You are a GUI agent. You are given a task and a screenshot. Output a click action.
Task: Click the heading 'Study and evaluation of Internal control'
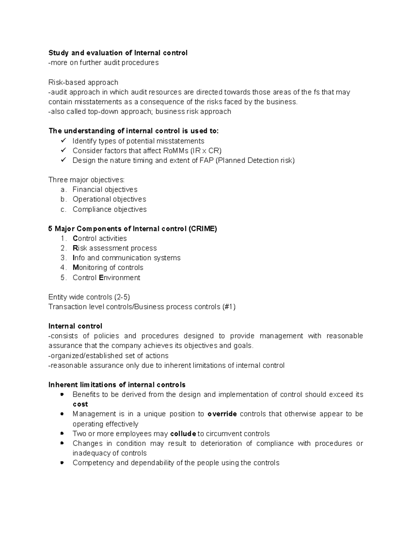tap(118, 53)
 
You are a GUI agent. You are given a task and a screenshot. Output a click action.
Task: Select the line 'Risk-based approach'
tap(83, 82)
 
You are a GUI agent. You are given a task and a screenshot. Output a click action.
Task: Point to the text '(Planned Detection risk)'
tap(255, 160)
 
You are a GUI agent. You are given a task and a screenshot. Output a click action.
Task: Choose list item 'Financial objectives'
tap(105, 189)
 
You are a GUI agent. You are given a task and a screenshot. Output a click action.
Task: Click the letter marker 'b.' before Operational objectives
tap(63, 199)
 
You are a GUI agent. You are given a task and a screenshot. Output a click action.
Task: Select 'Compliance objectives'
tap(110, 209)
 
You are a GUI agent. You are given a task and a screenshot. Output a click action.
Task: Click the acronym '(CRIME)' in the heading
tap(203, 229)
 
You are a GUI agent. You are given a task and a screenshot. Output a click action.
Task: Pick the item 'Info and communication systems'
tap(126, 258)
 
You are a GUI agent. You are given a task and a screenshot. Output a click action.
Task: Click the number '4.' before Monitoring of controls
tap(63, 268)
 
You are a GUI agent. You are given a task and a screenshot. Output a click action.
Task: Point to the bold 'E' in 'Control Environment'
tap(101, 278)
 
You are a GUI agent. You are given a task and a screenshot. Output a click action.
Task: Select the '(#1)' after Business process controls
tap(229, 307)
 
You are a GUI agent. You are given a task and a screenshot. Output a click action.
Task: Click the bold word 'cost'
tap(80, 404)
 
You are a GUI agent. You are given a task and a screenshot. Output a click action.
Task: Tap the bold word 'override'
tap(222, 414)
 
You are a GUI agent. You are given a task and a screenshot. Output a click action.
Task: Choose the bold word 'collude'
tap(183, 434)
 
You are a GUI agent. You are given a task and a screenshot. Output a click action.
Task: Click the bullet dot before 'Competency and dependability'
tap(62, 463)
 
